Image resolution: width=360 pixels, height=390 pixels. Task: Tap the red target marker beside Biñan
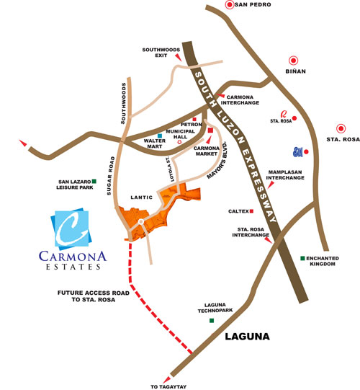294,61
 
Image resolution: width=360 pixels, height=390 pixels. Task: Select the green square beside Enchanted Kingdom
302,259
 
